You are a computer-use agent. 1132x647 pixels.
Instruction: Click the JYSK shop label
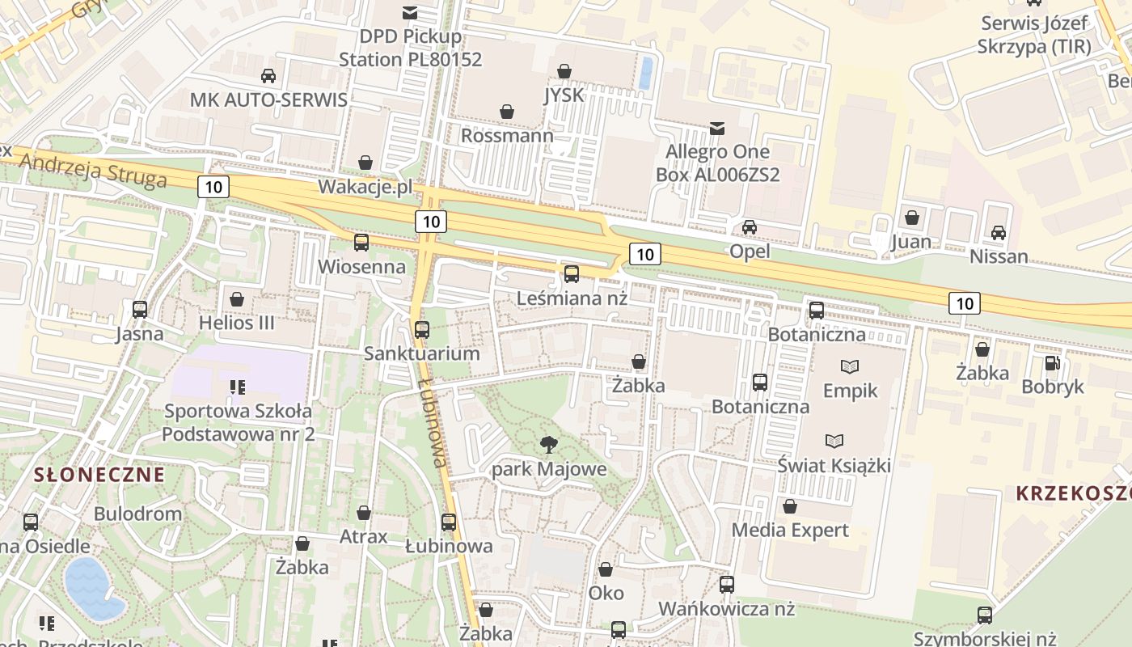pos(564,95)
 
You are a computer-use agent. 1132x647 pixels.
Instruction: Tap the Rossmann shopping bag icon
pos(507,111)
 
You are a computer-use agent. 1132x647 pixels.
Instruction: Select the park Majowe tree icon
pos(549,443)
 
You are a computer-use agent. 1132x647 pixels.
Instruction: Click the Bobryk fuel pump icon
pos(1052,363)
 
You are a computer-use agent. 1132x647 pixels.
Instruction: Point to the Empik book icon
pos(850,366)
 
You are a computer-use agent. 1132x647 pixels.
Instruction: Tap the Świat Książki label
pos(834,465)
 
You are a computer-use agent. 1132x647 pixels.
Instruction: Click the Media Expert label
pos(789,530)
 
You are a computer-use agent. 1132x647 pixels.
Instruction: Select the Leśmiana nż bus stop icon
pos(572,273)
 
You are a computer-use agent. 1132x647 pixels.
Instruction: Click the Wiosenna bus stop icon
pos(361,242)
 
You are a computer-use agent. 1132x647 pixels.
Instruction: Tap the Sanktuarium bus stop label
pos(421,353)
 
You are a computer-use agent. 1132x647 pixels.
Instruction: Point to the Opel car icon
pos(750,227)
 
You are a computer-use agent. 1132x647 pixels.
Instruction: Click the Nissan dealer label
pos(999,257)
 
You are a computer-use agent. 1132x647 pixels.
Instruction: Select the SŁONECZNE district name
pos(99,475)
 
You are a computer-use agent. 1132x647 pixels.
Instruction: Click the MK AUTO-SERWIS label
pos(268,99)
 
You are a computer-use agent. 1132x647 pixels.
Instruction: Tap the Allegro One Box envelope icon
pos(716,128)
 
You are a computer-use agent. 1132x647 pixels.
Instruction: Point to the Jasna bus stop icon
pos(140,309)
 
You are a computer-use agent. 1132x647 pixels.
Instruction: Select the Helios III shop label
pos(236,323)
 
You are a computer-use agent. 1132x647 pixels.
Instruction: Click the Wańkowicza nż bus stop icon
pos(727,584)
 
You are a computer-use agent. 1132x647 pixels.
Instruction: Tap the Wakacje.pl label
pos(365,187)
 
